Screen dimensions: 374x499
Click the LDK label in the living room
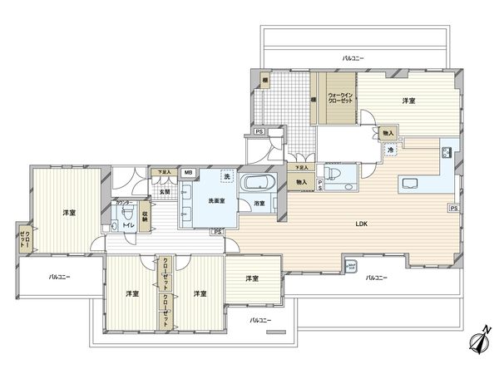(x=362, y=224)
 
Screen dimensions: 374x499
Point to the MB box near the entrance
(x=187, y=173)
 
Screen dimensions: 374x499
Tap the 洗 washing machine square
(x=226, y=176)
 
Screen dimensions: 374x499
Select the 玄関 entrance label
(x=166, y=192)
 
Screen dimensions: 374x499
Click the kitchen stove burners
(x=447, y=152)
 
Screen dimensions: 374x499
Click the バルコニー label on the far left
(x=59, y=277)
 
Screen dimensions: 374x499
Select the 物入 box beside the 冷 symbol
(x=388, y=133)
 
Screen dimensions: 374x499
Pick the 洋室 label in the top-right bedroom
(x=408, y=101)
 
